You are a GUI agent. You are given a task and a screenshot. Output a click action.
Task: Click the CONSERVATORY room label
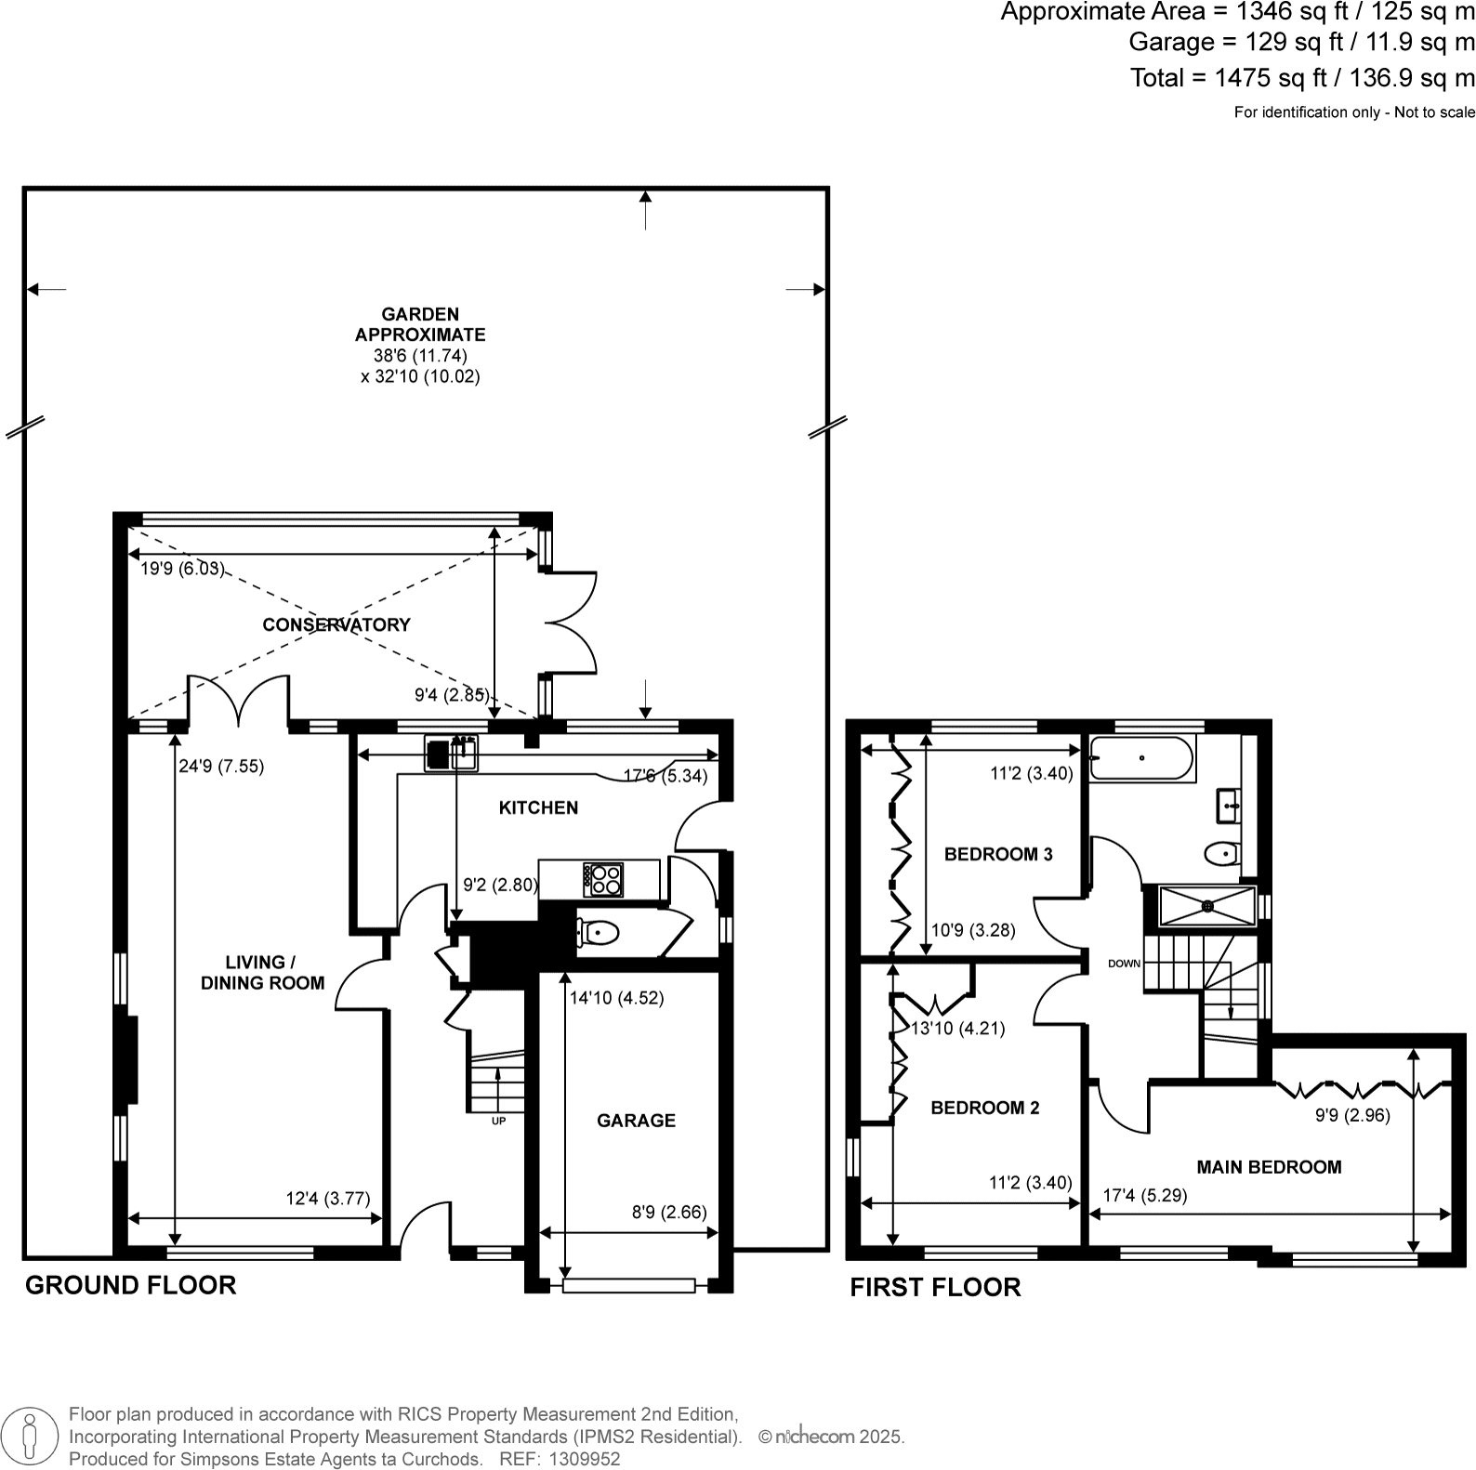pyautogui.click(x=336, y=624)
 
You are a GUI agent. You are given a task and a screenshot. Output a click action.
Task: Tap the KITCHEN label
pyautogui.click(x=538, y=807)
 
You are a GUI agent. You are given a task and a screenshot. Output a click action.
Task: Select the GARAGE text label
pyautogui.click(x=636, y=1121)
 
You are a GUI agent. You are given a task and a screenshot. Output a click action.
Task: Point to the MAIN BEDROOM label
pyautogui.click(x=1269, y=1167)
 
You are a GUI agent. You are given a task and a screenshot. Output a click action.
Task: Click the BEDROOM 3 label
pyautogui.click(x=998, y=854)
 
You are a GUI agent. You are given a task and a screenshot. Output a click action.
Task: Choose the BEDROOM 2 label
pyautogui.click(x=985, y=1108)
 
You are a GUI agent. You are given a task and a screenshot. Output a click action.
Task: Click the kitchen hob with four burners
pyautogui.click(x=603, y=879)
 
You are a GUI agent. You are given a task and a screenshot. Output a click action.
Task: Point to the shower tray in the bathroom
pyautogui.click(x=1207, y=905)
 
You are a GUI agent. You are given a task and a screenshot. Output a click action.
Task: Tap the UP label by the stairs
pyautogui.click(x=498, y=1122)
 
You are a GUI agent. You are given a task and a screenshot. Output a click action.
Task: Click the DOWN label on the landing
pyautogui.click(x=1124, y=964)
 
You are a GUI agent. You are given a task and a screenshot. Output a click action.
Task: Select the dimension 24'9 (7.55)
pyautogui.click(x=221, y=767)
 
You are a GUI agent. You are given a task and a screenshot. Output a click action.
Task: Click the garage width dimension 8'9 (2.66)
pyautogui.click(x=669, y=1212)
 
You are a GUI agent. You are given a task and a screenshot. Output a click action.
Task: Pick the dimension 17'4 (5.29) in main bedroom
pyautogui.click(x=1145, y=1196)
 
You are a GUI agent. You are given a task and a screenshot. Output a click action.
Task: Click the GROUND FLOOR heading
pyautogui.click(x=130, y=1285)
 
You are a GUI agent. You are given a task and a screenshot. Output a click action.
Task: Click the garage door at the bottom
pyautogui.click(x=629, y=1286)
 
